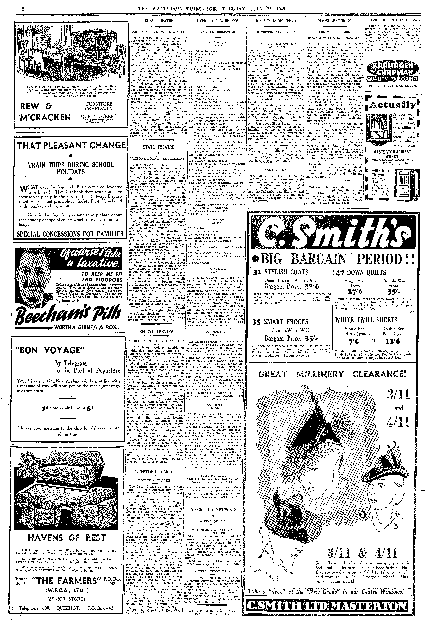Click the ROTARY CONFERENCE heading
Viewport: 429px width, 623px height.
point(276,21)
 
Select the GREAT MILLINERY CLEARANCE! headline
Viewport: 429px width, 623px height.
point(332,374)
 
